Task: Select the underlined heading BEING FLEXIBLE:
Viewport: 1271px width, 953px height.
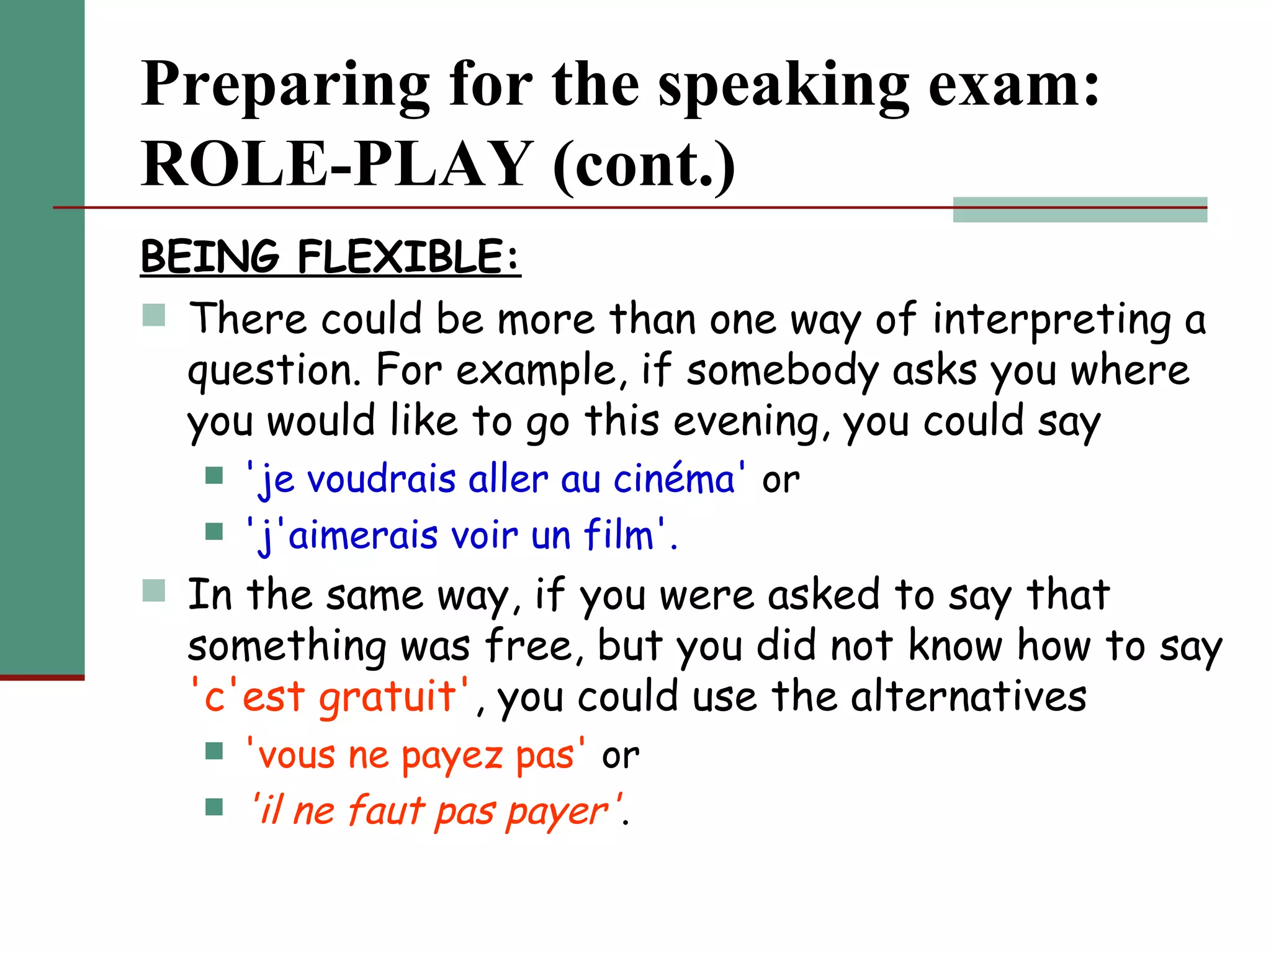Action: click(x=330, y=257)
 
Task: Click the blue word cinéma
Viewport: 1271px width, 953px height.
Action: click(x=674, y=480)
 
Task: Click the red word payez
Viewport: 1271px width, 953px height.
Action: click(x=451, y=756)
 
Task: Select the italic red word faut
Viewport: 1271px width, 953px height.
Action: click(x=385, y=811)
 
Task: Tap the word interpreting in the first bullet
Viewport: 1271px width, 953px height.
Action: click(x=1051, y=321)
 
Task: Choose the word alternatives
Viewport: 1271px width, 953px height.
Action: click(x=968, y=697)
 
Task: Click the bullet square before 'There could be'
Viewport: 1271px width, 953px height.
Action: click(x=154, y=315)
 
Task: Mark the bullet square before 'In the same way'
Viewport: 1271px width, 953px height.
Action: click(x=154, y=591)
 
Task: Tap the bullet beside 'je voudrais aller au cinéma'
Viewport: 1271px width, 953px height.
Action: click(x=214, y=476)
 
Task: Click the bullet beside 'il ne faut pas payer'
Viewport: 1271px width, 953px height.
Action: click(x=214, y=807)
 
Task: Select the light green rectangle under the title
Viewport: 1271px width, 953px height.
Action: click(x=1080, y=210)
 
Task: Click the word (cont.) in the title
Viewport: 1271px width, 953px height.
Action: click(x=644, y=164)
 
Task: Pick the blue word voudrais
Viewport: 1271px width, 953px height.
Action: click(x=382, y=480)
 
